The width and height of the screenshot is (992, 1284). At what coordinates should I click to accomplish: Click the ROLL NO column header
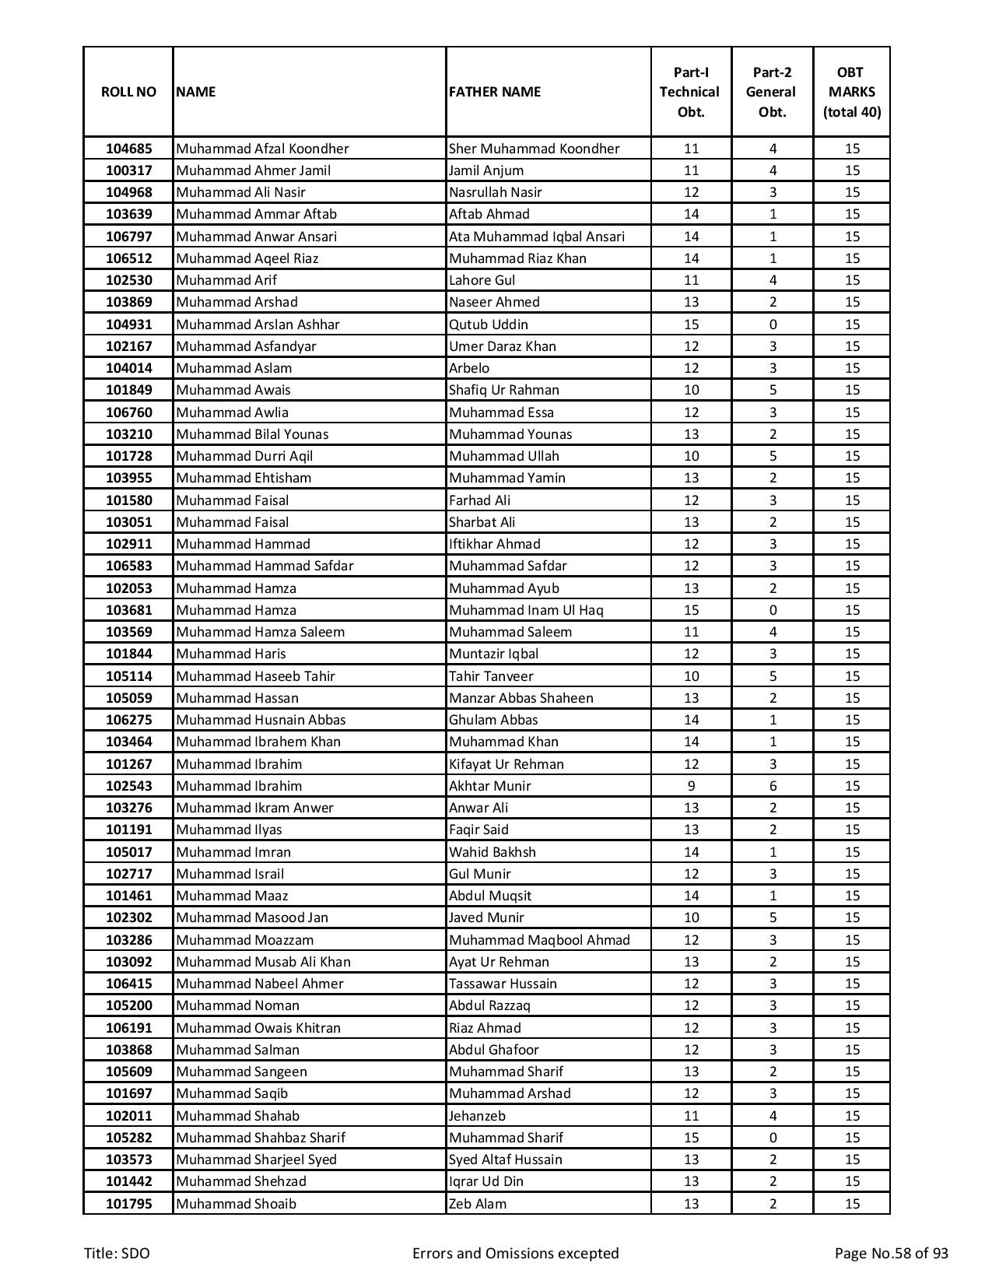tap(128, 92)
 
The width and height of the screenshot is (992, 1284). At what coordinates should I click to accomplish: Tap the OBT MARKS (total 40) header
tap(851, 92)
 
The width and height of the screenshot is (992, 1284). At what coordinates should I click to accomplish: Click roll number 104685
tap(128, 149)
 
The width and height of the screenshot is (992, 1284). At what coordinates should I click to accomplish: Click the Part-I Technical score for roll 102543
tap(691, 786)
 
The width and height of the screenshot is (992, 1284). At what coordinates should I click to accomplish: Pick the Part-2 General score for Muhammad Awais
tap(772, 390)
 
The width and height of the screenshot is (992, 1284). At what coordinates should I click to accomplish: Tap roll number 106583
tap(128, 566)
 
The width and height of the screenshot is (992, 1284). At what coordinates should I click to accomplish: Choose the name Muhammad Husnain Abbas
tap(261, 720)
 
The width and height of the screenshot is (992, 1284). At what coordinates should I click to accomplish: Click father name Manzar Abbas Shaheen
tap(521, 698)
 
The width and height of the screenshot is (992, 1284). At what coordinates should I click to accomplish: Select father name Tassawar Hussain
tap(503, 984)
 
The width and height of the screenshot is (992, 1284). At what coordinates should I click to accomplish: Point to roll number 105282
tap(128, 1138)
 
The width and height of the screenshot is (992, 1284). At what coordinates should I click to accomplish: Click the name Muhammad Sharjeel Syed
tap(256, 1159)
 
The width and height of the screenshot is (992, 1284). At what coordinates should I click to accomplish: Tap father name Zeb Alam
tap(477, 1204)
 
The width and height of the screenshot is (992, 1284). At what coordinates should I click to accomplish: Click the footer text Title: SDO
tap(117, 1254)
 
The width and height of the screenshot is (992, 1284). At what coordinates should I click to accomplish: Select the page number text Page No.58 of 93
tap(891, 1254)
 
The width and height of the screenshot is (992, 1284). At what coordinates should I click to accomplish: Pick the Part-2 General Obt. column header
tap(772, 92)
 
